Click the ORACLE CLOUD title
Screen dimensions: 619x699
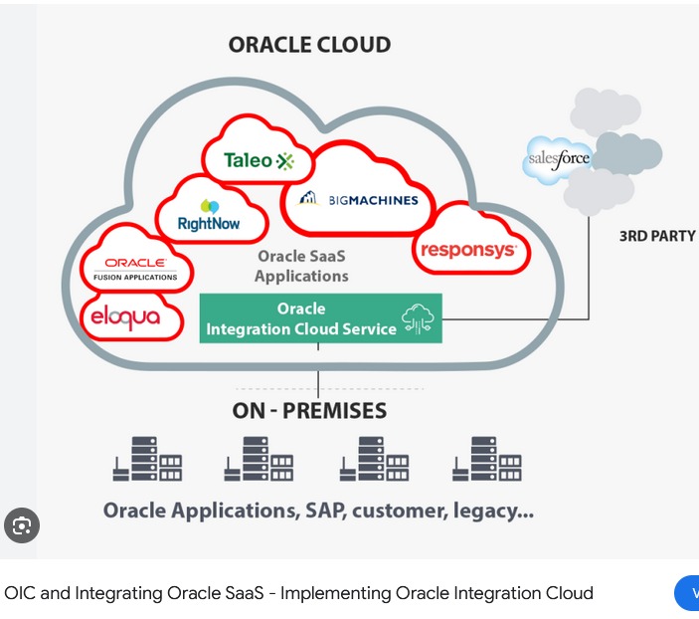point(309,45)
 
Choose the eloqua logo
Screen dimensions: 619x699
point(132,317)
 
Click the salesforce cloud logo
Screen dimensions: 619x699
point(559,158)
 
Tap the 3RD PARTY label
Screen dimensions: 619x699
point(657,237)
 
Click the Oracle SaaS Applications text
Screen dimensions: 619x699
point(301,266)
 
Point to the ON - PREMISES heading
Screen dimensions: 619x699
point(309,410)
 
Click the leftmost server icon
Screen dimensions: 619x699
point(147,460)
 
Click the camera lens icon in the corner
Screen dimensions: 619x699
point(22,524)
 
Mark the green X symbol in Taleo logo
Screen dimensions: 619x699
point(285,160)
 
